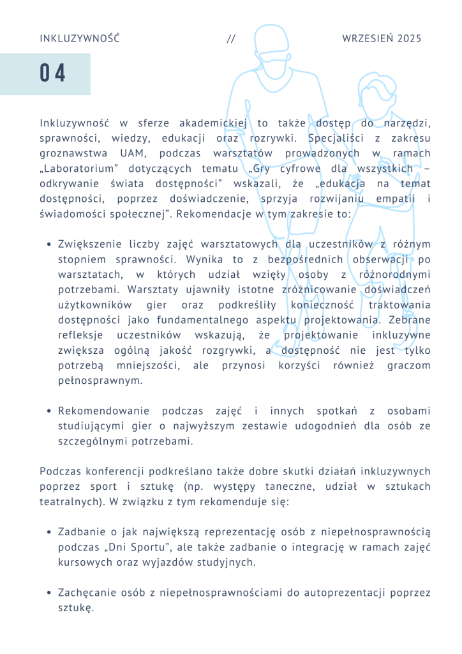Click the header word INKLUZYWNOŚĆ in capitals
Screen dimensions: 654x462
coord(80,39)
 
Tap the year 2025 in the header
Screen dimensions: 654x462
coord(409,39)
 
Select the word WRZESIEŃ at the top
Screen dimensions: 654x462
coord(368,39)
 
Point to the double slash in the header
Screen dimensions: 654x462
coord(231,39)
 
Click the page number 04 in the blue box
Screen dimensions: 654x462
coord(53,74)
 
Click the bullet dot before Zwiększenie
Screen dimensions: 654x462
coord(49,244)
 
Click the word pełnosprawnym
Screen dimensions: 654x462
coord(100,381)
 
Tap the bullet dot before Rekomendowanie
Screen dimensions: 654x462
coord(49,411)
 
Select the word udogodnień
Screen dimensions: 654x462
coord(314,426)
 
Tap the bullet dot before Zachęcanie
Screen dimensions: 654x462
coord(49,593)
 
